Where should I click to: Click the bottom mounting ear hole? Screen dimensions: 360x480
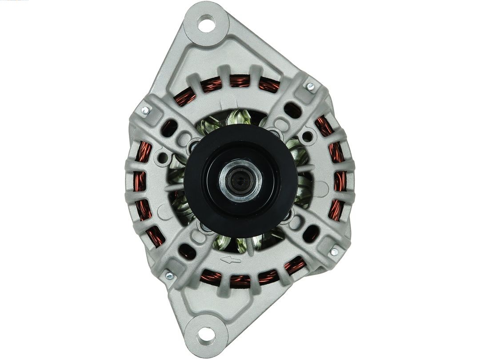[x=206, y=334]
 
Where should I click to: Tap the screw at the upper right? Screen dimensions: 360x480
[x=310, y=86]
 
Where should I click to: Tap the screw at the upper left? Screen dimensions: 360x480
[x=145, y=110]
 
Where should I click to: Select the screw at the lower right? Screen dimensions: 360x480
[x=334, y=252]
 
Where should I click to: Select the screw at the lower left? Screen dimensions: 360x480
[x=169, y=276]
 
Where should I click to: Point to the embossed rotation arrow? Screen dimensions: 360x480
[x=231, y=260]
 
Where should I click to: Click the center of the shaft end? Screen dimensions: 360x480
[x=240, y=180]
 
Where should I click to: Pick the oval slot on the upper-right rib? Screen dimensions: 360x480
[x=292, y=110]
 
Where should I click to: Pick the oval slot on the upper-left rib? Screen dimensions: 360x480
[x=169, y=128]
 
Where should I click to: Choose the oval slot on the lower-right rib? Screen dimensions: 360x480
[x=311, y=233]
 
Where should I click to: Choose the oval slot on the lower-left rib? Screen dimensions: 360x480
[x=187, y=252]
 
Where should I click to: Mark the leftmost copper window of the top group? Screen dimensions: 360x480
[x=185, y=96]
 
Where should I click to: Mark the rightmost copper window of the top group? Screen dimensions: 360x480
[x=269, y=84]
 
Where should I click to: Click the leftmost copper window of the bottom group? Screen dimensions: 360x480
[x=210, y=277]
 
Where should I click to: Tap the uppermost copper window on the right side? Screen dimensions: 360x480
[x=324, y=126]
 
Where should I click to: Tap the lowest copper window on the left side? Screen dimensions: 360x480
[x=155, y=236]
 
